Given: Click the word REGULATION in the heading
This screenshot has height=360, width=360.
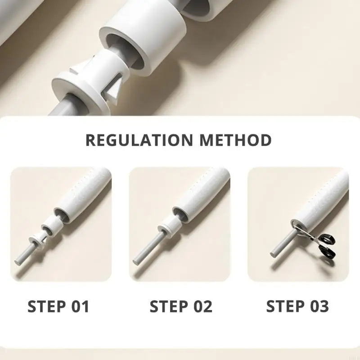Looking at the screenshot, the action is point(139,140).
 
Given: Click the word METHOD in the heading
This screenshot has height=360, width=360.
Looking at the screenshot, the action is point(235,140).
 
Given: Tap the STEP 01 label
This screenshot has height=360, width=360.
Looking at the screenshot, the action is point(58,306).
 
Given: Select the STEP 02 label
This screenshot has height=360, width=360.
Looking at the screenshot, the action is point(181,306).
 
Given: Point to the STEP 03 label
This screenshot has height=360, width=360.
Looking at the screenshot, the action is point(297,306).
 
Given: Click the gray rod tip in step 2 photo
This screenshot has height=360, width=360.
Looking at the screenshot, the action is point(136,262).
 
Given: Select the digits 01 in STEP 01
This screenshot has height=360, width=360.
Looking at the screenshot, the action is point(80,306).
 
